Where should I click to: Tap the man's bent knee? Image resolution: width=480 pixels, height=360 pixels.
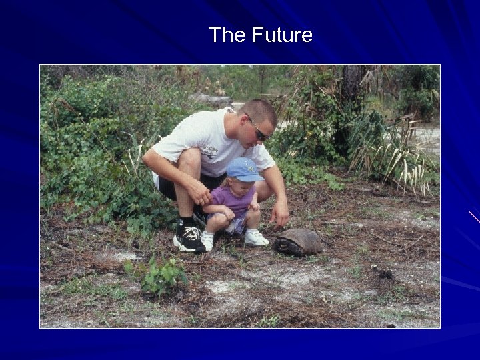tap(189, 160)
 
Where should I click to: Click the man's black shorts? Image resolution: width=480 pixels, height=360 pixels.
tap(168, 187)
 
